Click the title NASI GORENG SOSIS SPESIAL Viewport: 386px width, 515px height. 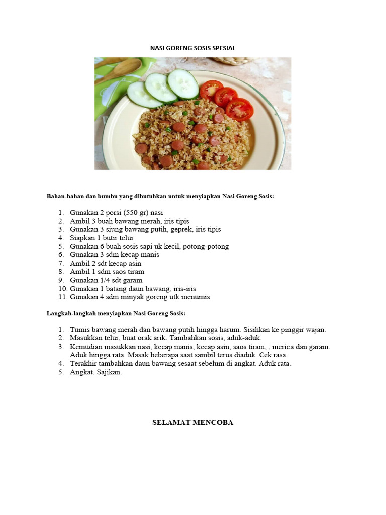(x=193, y=48)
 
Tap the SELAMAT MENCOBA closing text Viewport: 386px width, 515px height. (x=193, y=423)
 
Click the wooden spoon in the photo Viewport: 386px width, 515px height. (x=119, y=70)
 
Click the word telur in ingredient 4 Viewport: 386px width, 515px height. (x=126, y=238)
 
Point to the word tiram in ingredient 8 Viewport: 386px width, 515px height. (x=136, y=272)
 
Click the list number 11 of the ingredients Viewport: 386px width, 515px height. (x=62, y=297)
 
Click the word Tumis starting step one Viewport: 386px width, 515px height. (x=78, y=330)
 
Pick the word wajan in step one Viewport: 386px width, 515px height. (x=315, y=330)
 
